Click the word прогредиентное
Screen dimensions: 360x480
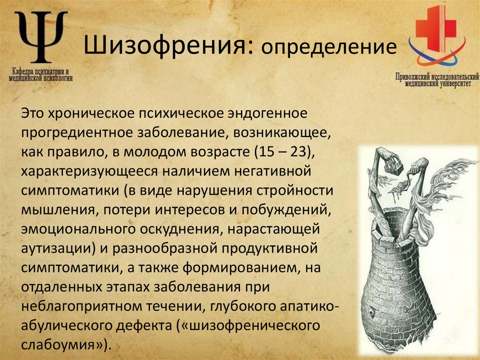tap(75, 133)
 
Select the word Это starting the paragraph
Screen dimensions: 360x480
tap(32, 114)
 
